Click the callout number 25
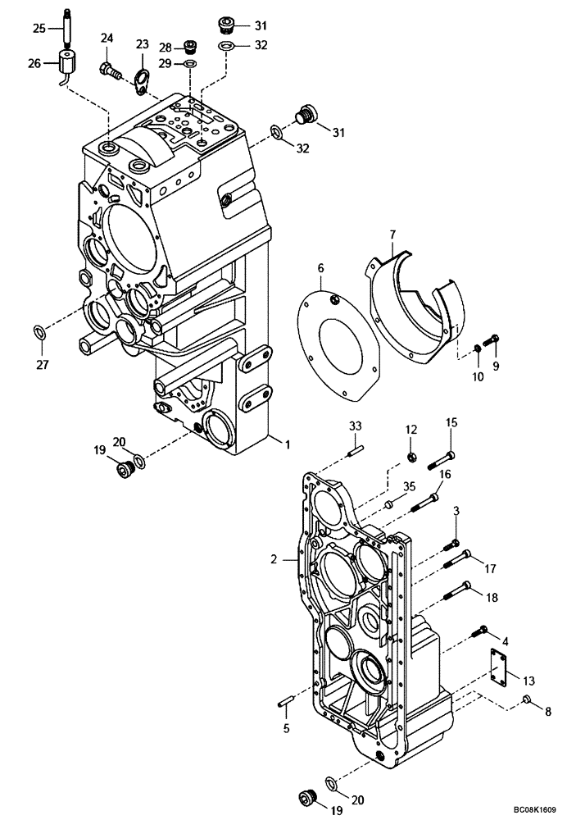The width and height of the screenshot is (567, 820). tap(39, 29)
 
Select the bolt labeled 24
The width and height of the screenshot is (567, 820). tap(110, 71)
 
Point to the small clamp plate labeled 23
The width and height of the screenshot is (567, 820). tap(143, 79)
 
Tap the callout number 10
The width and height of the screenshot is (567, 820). tap(477, 376)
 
